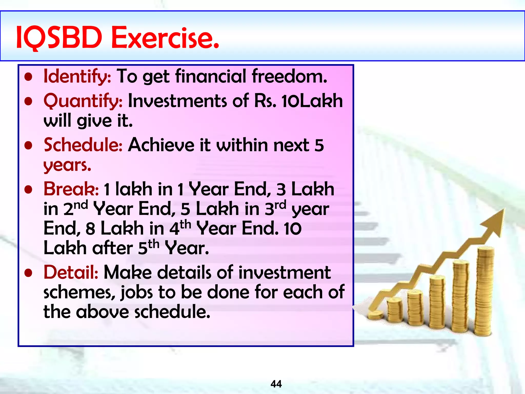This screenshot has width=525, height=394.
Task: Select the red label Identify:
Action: pyautogui.click(x=77, y=76)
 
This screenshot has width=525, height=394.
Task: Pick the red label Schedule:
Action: pyautogui.click(x=83, y=145)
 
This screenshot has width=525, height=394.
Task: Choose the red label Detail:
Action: pyautogui.click(x=71, y=272)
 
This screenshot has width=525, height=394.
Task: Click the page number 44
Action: pyautogui.click(x=276, y=384)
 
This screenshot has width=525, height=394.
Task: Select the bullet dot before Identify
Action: pyautogui.click(x=28, y=77)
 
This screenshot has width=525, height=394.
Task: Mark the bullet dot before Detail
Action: pyautogui.click(x=28, y=273)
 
